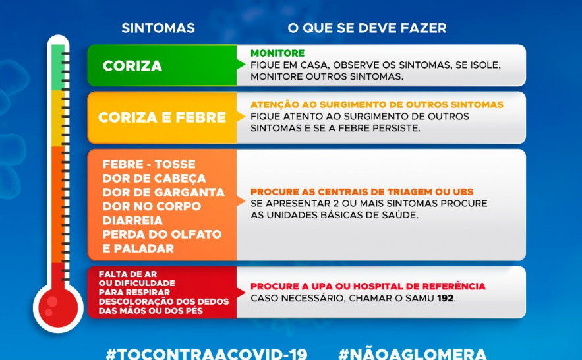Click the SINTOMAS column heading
(158, 28)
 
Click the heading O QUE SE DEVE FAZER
(367, 28)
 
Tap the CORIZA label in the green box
(132, 67)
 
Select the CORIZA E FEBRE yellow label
(162, 118)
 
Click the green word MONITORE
(277, 53)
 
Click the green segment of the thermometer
(58, 66)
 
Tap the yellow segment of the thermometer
(58, 117)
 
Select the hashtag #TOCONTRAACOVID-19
(206, 353)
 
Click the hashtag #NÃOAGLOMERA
(413, 353)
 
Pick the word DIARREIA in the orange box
(132, 220)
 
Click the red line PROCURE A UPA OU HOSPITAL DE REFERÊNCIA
(368, 287)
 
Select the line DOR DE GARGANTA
(163, 193)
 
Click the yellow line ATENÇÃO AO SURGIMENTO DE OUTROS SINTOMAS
(377, 105)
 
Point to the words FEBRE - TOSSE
(149, 164)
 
